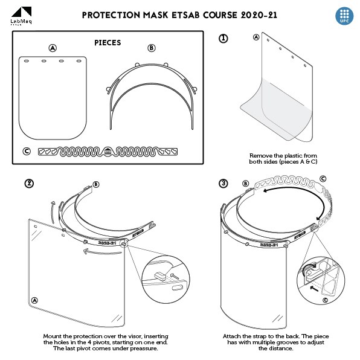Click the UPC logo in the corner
pyautogui.click(x=344, y=16)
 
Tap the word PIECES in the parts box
pyautogui.click(x=108, y=43)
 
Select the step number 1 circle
pyautogui.click(x=223, y=38)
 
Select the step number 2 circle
pyautogui.click(x=28, y=184)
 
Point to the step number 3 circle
pyautogui.click(x=223, y=184)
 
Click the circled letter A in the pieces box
pyautogui.click(x=53, y=48)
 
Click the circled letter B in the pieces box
pyautogui.click(x=151, y=48)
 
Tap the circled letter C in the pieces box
pyautogui.click(x=27, y=151)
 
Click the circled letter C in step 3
pyautogui.click(x=323, y=179)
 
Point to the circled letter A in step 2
pyautogui.click(x=34, y=300)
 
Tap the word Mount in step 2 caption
pyautogui.click(x=53, y=336)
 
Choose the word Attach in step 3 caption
pyautogui.click(x=233, y=336)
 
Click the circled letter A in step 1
pyautogui.click(x=256, y=37)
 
